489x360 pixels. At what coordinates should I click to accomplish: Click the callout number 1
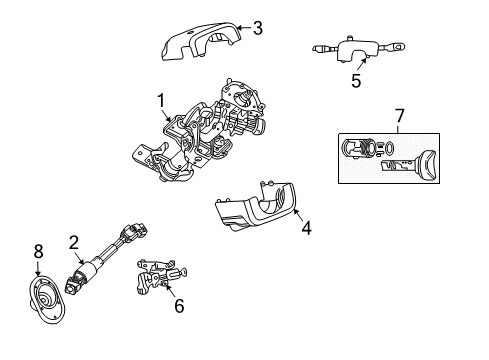coord(159,100)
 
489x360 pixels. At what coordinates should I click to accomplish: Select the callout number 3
coord(257,28)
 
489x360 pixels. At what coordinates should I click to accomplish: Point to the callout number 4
coord(307,227)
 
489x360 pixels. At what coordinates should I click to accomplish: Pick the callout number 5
coord(356,83)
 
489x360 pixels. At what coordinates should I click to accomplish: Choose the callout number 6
coord(179,305)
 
